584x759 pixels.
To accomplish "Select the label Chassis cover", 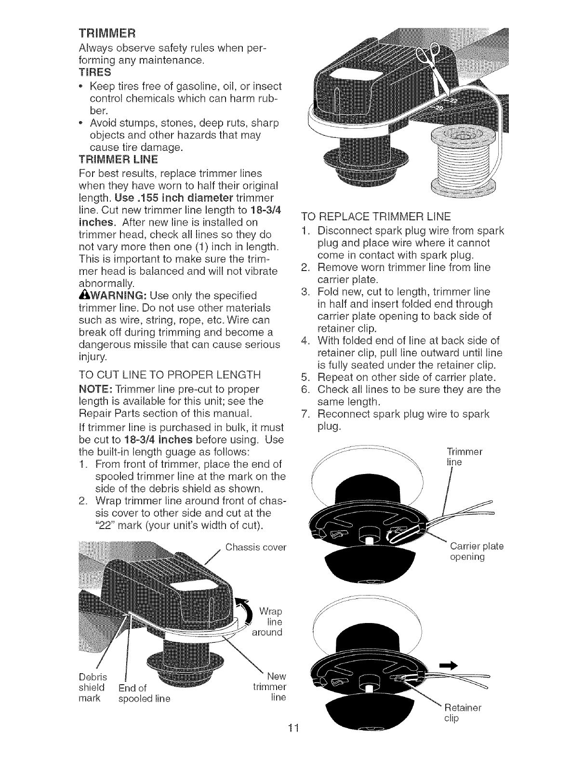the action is pyautogui.click(x=255, y=547).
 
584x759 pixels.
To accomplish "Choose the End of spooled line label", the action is pyautogui.click(x=140, y=692).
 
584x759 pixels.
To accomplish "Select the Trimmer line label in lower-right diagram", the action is pyautogui.click(x=462, y=457).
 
